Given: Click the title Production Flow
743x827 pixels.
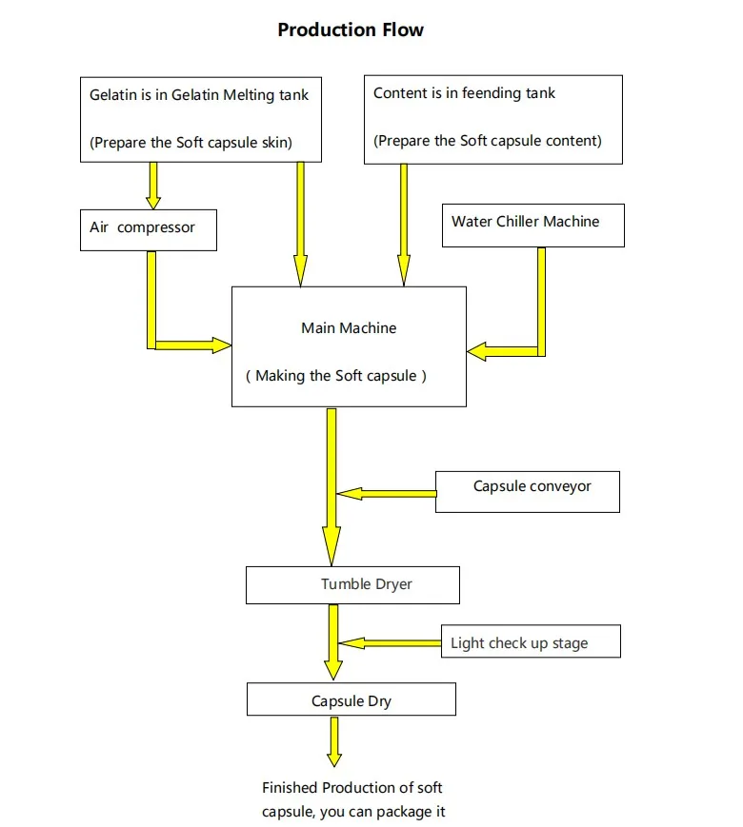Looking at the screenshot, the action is (x=351, y=30).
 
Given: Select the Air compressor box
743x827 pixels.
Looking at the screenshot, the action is (x=149, y=230).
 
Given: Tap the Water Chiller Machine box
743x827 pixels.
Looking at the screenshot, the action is (x=533, y=226).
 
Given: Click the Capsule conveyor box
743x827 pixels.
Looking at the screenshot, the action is (x=528, y=492).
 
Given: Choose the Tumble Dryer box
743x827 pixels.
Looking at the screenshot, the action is (x=352, y=585).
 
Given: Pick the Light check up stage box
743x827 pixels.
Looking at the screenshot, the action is (x=531, y=640).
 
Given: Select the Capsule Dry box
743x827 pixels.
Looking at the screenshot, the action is (x=351, y=699).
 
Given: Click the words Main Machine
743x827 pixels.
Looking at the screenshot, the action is (x=349, y=328).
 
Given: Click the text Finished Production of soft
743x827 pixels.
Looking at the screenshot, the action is (x=351, y=787).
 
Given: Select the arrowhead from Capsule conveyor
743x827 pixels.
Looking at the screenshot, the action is (x=349, y=494).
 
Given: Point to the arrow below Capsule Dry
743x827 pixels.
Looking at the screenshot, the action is (x=334, y=741).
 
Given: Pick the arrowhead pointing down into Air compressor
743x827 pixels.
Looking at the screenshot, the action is (x=153, y=203).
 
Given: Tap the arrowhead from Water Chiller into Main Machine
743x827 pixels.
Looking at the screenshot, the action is (x=477, y=351).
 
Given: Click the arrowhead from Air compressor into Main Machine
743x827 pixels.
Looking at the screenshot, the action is (x=222, y=345).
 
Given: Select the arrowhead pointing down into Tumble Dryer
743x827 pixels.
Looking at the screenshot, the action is (x=331, y=546).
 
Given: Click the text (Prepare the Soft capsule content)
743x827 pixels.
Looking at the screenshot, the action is (x=488, y=141).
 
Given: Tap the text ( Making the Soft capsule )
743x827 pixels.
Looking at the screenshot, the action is (x=336, y=376).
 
